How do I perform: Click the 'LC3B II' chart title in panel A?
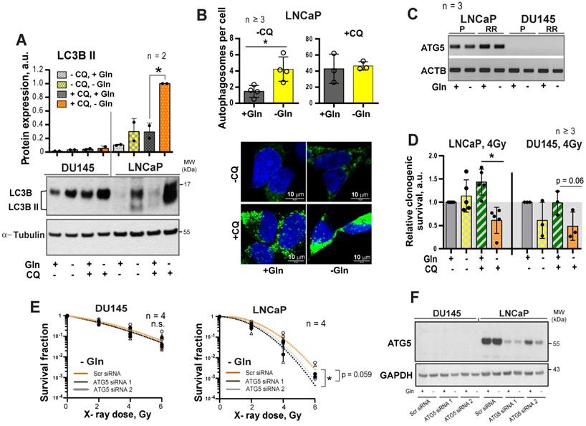click(x=81, y=55)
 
